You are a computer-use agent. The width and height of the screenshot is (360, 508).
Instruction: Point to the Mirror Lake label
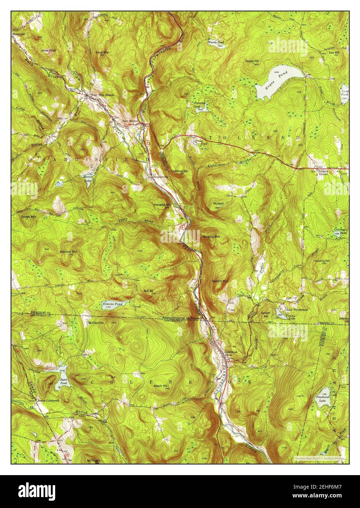[x=87, y=179]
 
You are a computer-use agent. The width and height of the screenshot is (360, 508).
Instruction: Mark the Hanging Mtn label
[x=163, y=205]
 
